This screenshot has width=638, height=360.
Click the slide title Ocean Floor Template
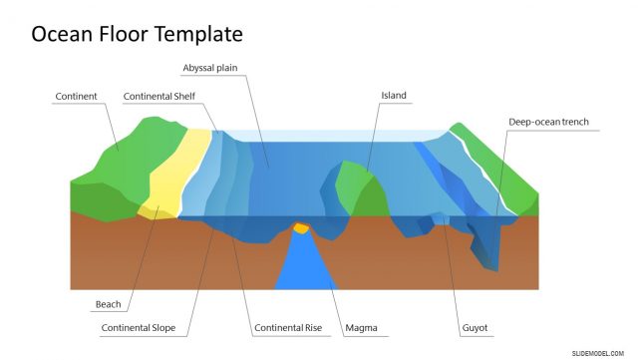coord(137,34)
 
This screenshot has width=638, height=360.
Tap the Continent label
coord(76,97)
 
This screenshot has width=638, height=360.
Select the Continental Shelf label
coord(159,97)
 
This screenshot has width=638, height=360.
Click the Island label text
coord(394,96)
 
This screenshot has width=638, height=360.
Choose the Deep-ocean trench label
coord(548,122)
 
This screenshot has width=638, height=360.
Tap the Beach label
coord(108,304)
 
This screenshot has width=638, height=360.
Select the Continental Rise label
coord(286,327)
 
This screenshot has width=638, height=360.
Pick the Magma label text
coord(360,327)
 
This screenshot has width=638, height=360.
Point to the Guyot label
coord(476,327)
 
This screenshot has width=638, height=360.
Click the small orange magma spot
coord(300,228)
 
